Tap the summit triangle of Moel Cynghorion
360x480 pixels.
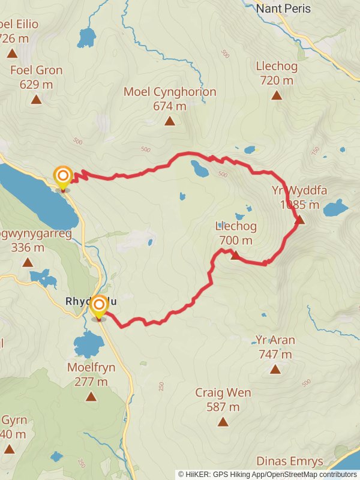coord(170,121)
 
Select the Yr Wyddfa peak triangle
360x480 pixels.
coord(299,220)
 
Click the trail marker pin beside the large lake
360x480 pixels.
coord(63,177)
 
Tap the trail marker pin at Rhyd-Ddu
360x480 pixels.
coord(98,307)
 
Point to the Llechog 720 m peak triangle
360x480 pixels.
coord(277,95)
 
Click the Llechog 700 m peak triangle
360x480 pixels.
coord(235,256)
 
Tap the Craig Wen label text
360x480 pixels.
coord(223,393)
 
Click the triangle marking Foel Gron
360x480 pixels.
coord(36,100)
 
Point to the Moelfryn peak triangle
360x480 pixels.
coord(91,396)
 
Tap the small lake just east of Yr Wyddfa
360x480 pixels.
coord(335,208)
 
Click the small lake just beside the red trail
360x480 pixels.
coord(199,169)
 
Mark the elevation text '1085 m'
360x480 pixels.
coord(299,205)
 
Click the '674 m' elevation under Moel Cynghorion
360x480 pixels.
coord(170,106)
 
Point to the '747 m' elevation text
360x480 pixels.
coord(275,354)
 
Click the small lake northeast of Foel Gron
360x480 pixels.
coord(87,37)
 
